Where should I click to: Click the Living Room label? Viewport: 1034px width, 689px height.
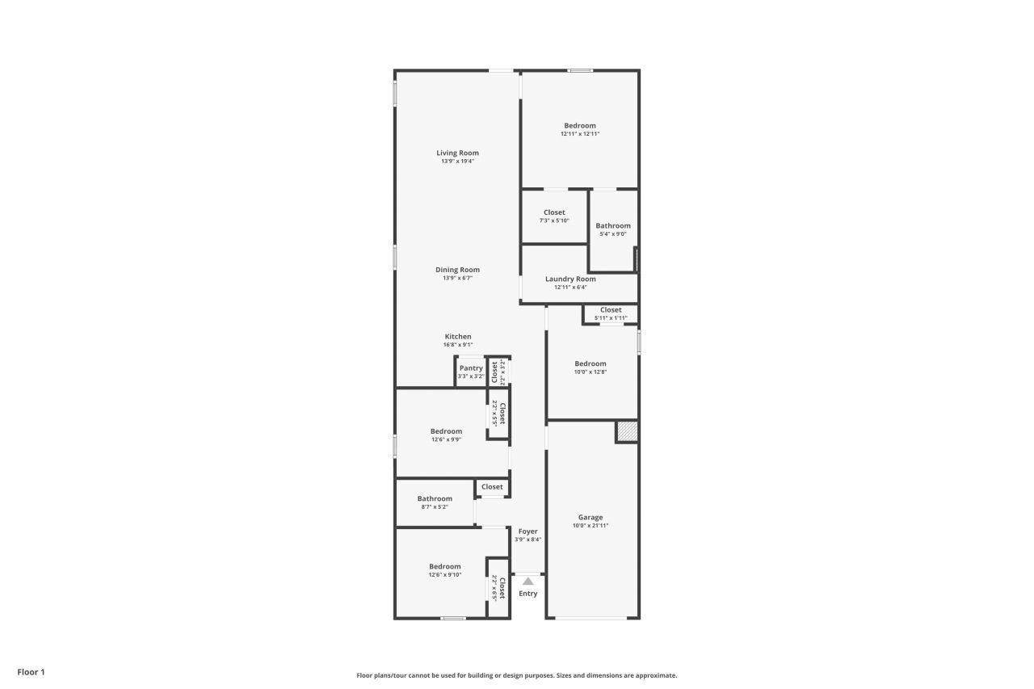[457, 153]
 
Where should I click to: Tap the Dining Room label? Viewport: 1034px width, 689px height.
[457, 270]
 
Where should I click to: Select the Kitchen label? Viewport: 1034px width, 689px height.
[457, 337]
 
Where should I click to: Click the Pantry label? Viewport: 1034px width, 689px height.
[471, 368]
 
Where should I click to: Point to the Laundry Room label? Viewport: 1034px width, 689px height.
[570, 279]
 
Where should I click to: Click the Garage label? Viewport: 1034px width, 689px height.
[591, 518]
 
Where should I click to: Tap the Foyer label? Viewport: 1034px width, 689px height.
[528, 531]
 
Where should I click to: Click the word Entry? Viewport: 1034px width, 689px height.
[528, 594]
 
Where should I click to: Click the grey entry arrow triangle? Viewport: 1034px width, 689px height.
[528, 581]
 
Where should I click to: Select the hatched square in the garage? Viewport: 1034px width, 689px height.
[627, 431]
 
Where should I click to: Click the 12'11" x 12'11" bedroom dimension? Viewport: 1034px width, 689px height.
[580, 134]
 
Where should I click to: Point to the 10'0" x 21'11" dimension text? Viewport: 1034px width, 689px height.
[591, 526]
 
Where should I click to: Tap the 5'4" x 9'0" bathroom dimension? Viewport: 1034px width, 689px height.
[613, 234]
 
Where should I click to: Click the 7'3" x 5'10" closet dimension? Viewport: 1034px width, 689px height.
[554, 221]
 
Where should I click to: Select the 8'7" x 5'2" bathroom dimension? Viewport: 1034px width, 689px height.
[435, 507]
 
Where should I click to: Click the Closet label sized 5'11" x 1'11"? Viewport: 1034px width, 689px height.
[611, 309]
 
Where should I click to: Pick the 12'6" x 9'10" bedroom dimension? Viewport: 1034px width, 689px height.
[445, 575]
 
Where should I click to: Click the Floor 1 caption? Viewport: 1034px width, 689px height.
[32, 672]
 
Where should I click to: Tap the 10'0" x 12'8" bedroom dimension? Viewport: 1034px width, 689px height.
[591, 372]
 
